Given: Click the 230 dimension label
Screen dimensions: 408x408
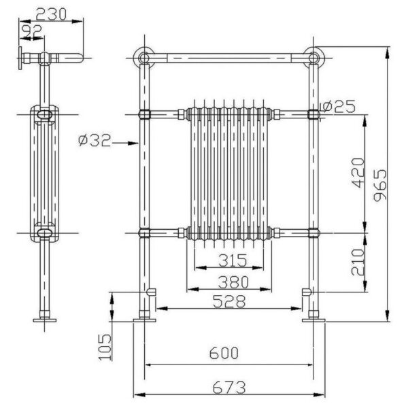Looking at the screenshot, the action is coord(51,14).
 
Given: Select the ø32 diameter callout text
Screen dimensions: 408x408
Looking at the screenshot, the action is coord(95,141).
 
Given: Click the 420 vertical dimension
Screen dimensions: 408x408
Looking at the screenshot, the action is coord(358,173).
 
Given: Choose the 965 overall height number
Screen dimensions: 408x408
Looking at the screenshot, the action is coord(380,185).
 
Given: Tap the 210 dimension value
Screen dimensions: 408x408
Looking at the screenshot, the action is coord(358,262).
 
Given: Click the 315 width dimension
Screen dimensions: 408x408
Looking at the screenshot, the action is coord(233,260).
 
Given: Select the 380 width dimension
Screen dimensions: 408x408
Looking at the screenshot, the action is coord(233,282).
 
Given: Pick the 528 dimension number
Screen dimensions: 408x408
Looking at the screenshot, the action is coord(229,302).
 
